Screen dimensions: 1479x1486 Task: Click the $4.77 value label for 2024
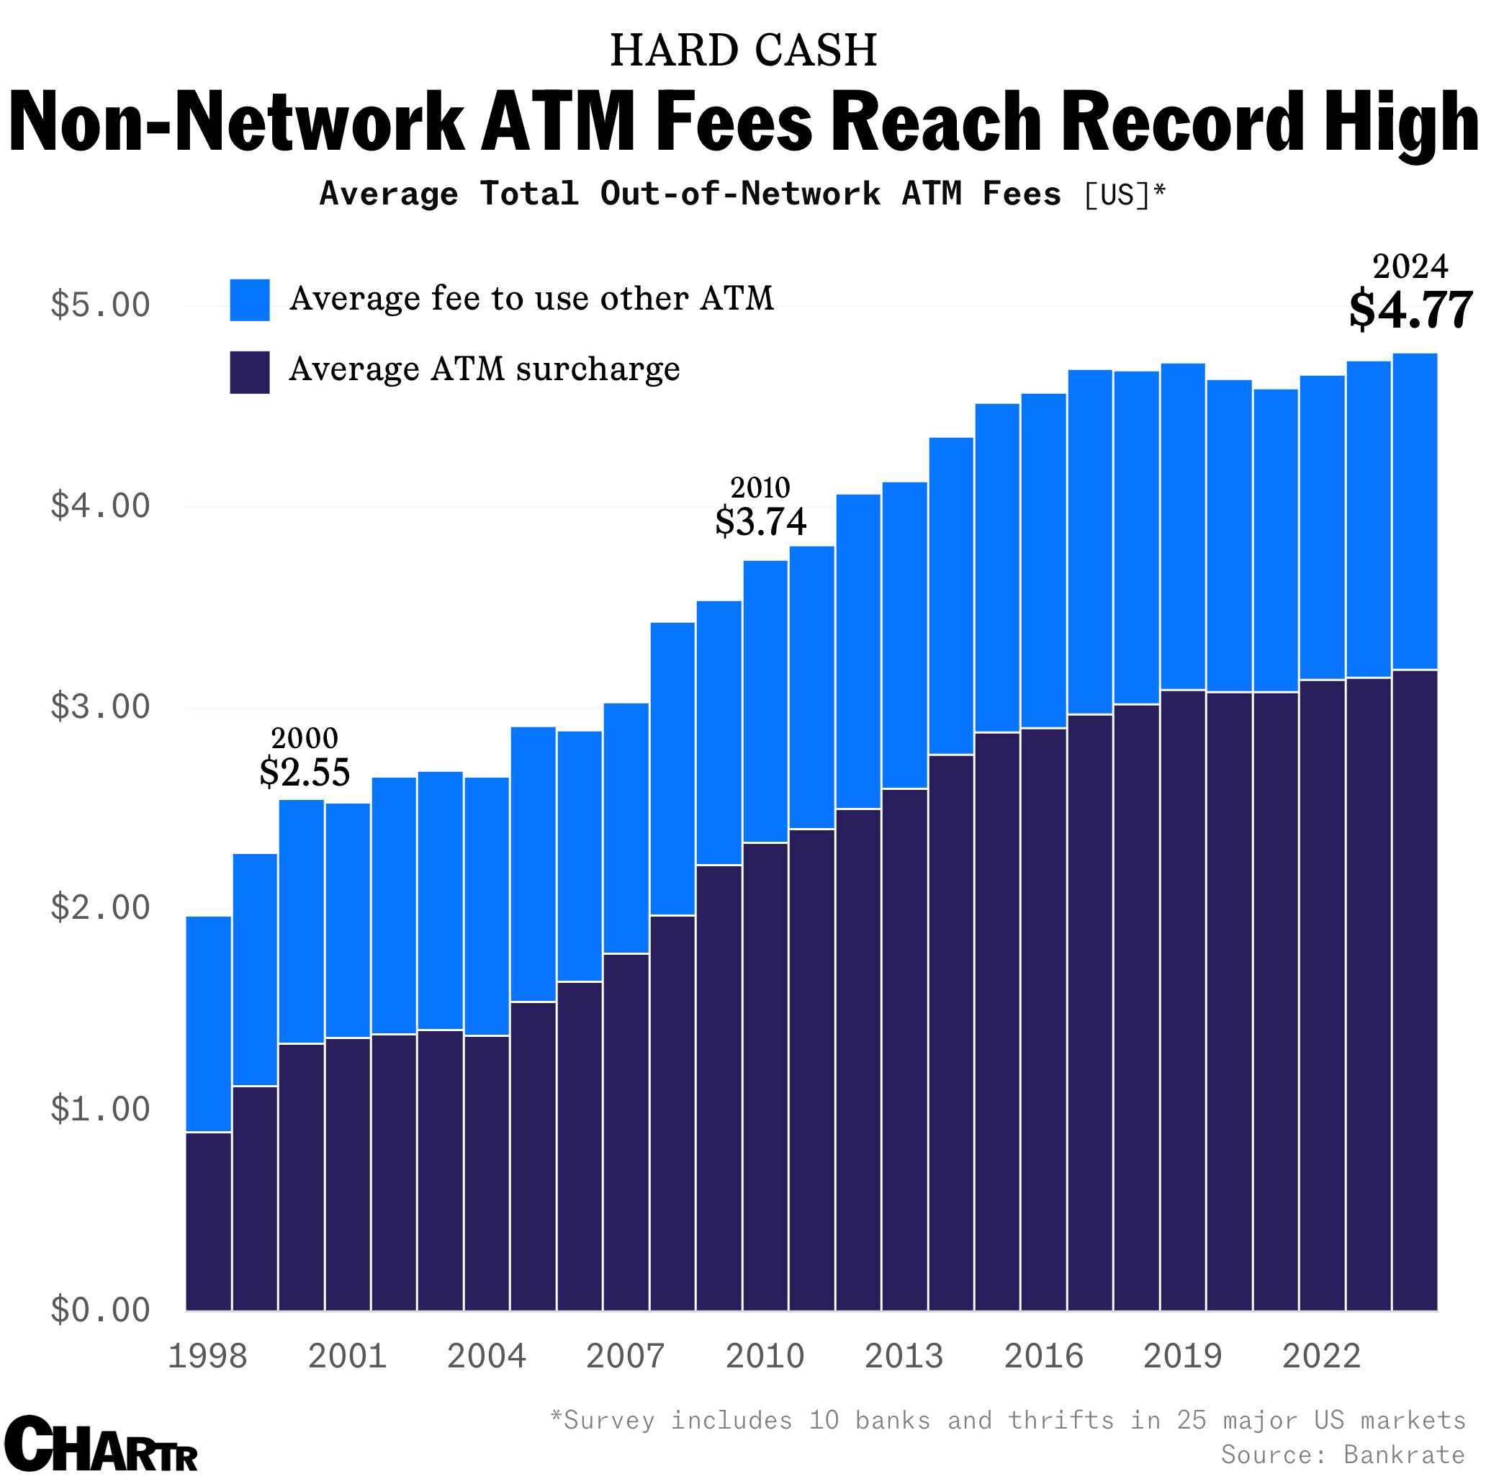[1410, 310]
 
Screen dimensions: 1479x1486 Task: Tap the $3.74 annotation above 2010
[760, 522]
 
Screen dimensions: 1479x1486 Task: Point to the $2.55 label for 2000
[305, 772]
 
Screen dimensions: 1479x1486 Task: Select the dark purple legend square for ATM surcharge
[249, 372]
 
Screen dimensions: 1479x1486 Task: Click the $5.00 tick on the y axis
[100, 305]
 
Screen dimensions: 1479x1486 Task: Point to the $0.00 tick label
[100, 1310]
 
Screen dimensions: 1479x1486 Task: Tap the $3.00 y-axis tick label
[100, 707]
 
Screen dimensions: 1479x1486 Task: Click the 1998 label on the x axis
[207, 1356]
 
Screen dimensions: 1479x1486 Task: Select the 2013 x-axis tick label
[903, 1356]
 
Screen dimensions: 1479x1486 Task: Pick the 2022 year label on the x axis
[1320, 1356]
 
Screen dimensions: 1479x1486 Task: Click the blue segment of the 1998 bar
[209, 1023]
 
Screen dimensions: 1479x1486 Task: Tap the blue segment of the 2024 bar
[1414, 511]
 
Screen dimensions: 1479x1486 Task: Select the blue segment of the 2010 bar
[765, 701]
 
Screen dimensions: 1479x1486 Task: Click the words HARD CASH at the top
[743, 50]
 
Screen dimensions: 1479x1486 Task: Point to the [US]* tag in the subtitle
[1125, 194]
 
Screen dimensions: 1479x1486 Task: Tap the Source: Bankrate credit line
[1342, 1455]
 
